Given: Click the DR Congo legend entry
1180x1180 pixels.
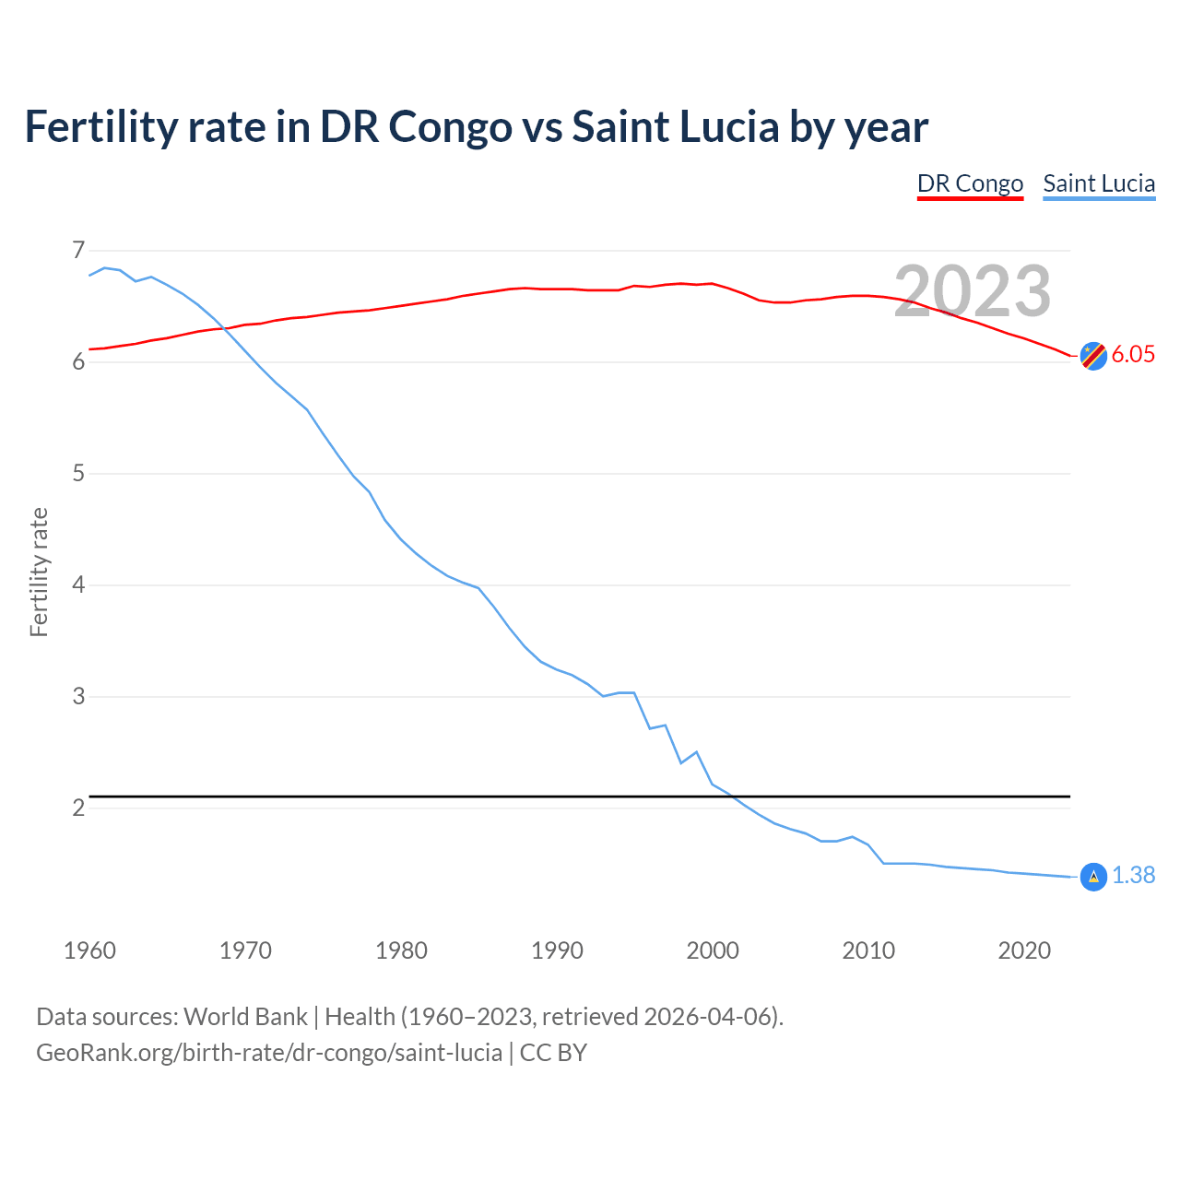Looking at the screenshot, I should coord(970,183).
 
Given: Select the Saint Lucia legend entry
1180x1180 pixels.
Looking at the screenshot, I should coord(1099,183).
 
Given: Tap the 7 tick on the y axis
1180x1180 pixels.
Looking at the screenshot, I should coord(77,250).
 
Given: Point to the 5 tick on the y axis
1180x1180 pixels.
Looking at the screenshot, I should coord(77,474).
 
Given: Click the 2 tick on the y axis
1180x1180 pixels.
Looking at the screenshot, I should coord(77,808).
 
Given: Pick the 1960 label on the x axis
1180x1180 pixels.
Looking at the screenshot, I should coord(89,950).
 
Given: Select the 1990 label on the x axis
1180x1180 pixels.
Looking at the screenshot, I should coord(557,950).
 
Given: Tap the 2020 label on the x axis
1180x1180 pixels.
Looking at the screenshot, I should coord(1024,950).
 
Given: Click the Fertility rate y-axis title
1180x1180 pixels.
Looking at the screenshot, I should coord(39,572).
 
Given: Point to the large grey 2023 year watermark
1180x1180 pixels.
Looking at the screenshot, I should coord(973,291).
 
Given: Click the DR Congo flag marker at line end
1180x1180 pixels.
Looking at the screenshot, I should coord(1093,355).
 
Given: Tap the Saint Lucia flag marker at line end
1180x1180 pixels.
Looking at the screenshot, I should coord(1093,876).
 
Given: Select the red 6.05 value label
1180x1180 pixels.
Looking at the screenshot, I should coord(1133,355).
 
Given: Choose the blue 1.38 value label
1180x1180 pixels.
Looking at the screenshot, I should coord(1133,876).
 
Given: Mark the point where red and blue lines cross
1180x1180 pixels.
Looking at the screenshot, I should coord(225,327).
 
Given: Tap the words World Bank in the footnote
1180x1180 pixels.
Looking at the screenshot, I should coord(245,1017).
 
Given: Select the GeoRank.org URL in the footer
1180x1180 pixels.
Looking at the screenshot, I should coord(269,1053).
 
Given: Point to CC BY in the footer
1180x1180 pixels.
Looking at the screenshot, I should coord(553,1053).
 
